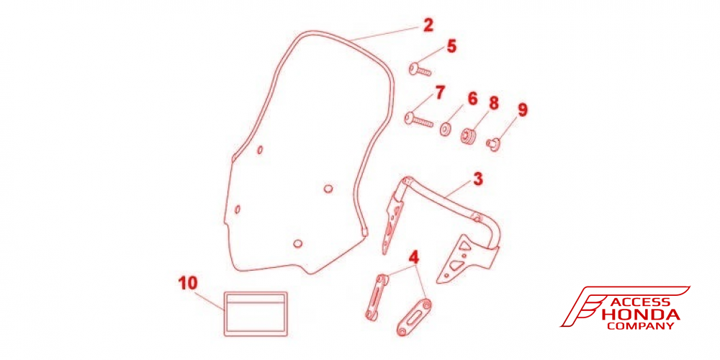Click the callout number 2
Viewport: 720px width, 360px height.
click(428, 24)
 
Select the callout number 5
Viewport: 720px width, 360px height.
click(452, 46)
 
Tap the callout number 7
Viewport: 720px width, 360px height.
click(440, 92)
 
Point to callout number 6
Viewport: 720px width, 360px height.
click(472, 99)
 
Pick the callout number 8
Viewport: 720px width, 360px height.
click(494, 104)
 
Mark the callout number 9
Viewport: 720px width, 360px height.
click(523, 110)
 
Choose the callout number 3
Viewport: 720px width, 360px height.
click(478, 179)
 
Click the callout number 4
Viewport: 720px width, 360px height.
click(414, 257)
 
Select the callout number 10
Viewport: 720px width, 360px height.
click(188, 283)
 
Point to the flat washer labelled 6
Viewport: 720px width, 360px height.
click(445, 130)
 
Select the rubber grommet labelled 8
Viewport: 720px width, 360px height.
click(469, 136)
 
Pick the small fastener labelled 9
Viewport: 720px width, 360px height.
click(493, 145)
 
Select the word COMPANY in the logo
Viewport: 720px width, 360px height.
click(641, 326)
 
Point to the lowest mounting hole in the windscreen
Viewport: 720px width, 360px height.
click(297, 243)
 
